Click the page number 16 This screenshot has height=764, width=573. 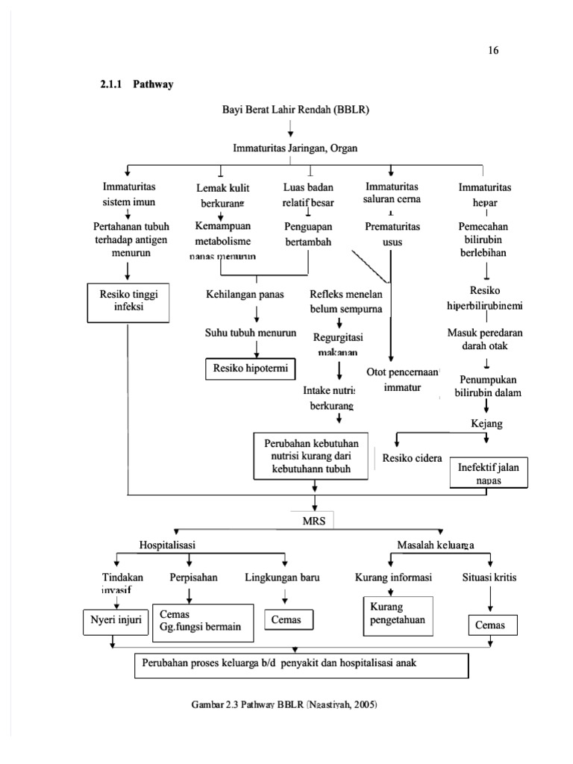point(493,51)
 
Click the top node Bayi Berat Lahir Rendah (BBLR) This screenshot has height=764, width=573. point(295,109)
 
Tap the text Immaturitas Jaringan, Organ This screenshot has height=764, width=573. point(295,148)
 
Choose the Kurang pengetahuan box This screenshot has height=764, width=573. point(397,615)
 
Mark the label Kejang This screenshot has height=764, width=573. point(486,424)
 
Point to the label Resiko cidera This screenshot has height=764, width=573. point(411,458)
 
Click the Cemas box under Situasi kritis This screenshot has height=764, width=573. point(491,625)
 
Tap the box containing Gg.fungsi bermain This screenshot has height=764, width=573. point(201,620)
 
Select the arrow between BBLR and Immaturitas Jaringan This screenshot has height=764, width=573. point(291,128)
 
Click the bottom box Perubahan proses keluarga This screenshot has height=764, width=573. point(301,664)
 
